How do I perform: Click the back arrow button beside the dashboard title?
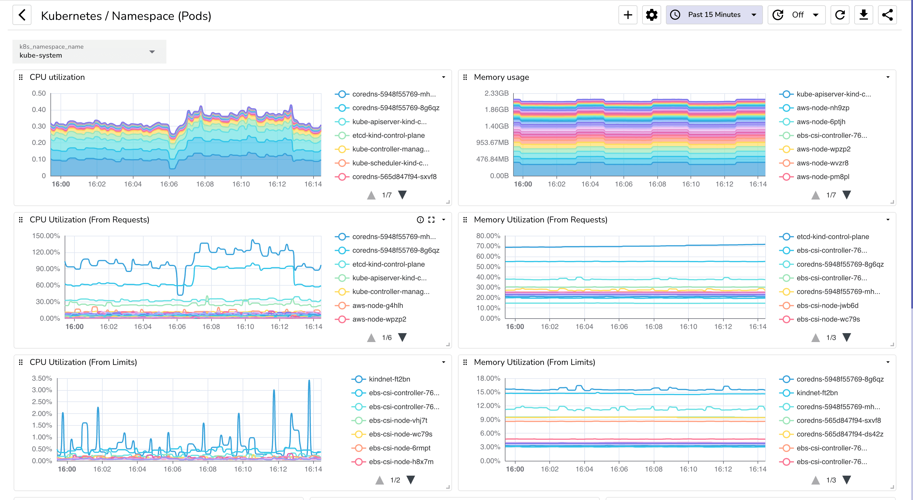22,15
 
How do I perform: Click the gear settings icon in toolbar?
651,15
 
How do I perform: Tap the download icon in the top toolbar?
863,15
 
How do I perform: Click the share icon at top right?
887,15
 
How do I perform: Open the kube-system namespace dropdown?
89,52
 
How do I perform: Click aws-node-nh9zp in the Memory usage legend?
823,107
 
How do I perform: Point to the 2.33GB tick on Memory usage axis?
496,93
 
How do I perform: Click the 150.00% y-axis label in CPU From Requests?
46,236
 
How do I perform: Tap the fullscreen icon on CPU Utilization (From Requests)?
431,220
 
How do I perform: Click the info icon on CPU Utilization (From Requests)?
420,220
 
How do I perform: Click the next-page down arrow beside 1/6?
402,337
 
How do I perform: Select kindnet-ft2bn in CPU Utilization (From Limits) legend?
389,379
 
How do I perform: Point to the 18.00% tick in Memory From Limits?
488,378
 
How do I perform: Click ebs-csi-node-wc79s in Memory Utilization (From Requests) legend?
828,319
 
